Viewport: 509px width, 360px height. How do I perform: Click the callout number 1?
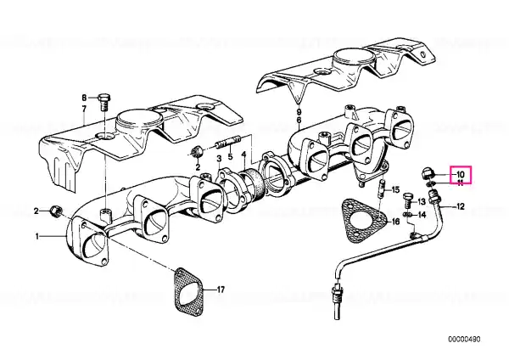click(x=37, y=236)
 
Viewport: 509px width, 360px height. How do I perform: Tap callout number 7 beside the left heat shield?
click(x=84, y=109)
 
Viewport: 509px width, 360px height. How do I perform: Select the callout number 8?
click(x=84, y=98)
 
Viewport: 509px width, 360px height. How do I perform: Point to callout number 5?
click(x=230, y=156)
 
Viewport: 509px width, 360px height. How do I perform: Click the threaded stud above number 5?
click(x=227, y=142)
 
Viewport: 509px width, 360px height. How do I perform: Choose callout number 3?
click(x=219, y=159)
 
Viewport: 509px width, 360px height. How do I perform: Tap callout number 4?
click(x=243, y=159)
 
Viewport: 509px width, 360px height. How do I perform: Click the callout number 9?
click(x=299, y=112)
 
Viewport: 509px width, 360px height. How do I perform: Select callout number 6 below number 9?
click(x=299, y=121)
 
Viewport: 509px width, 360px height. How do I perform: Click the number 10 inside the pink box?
click(x=461, y=174)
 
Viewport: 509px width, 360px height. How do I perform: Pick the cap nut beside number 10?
click(x=428, y=173)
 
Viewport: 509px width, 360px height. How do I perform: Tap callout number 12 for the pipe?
click(x=461, y=206)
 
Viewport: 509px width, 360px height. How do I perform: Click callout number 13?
click(x=421, y=202)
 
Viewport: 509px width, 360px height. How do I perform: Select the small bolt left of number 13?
click(x=408, y=200)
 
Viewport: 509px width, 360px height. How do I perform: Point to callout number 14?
click(x=421, y=215)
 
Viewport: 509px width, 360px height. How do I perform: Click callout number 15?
click(x=395, y=189)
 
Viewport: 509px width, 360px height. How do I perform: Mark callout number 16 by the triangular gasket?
click(x=395, y=222)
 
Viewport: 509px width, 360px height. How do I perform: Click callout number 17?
click(x=221, y=290)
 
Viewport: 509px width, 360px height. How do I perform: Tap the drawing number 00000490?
click(x=464, y=340)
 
